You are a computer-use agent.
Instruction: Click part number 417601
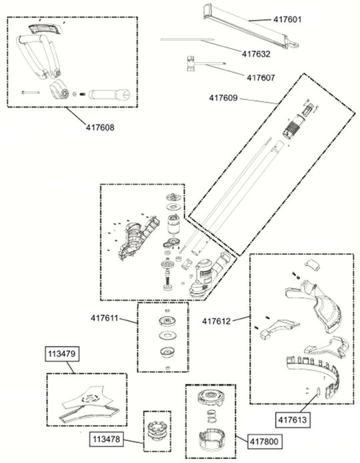287,19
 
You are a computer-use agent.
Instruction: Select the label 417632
256,54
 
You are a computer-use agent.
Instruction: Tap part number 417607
261,78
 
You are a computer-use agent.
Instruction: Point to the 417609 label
223,98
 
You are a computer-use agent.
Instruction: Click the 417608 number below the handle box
100,127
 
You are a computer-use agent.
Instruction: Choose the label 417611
105,318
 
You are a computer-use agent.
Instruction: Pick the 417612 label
216,321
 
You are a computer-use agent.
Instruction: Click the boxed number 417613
293,420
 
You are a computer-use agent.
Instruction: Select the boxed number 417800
264,442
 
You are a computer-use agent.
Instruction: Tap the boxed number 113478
107,439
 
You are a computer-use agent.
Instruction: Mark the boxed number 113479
62,354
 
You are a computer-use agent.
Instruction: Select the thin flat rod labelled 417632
187,39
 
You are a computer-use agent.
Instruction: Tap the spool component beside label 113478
157,431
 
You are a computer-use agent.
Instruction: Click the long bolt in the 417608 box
30,93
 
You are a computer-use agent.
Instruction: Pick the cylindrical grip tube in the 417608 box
109,94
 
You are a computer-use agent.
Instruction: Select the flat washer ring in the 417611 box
167,336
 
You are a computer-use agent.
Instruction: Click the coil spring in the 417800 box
211,416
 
